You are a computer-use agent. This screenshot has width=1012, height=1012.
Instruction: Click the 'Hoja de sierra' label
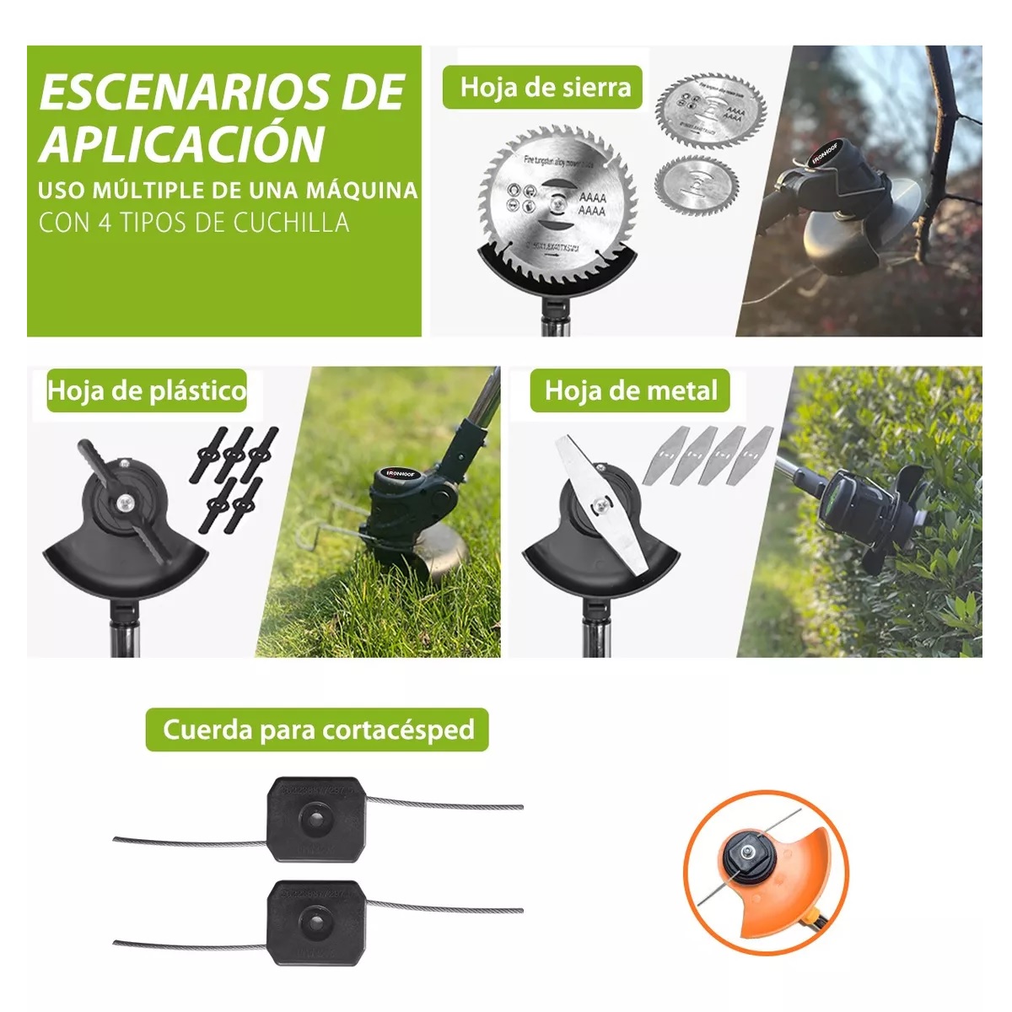pos(545,88)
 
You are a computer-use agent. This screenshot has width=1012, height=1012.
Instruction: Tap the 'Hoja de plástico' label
pos(147,390)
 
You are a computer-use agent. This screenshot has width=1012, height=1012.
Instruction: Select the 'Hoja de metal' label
pos(630,390)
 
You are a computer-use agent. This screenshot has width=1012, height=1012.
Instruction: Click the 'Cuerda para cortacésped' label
pos(317,729)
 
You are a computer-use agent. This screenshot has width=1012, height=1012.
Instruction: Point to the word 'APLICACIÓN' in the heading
pos(182,143)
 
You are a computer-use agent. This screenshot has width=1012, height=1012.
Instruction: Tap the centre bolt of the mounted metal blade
pos(605,505)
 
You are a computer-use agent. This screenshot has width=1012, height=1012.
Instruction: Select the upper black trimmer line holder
pos(317,820)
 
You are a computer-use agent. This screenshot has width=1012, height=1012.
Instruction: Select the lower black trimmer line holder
pos(317,918)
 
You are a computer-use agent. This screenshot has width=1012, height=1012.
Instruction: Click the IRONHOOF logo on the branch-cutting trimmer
pos(826,154)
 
